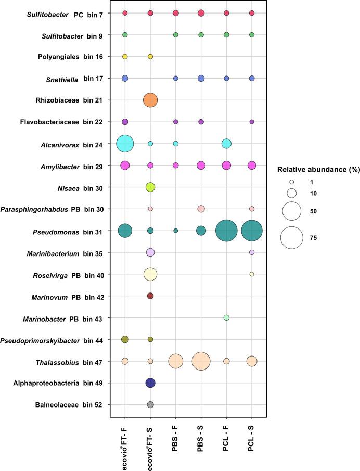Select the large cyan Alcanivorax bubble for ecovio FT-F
point(125,143)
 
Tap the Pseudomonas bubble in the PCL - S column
point(252,231)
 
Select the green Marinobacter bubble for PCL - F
point(226,317)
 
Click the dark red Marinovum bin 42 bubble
point(150,296)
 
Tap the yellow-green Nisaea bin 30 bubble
point(150,187)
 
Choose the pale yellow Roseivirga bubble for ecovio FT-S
point(150,274)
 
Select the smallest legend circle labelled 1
point(292,182)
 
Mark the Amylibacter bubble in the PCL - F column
point(226,165)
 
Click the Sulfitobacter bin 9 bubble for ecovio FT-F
point(125,35)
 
